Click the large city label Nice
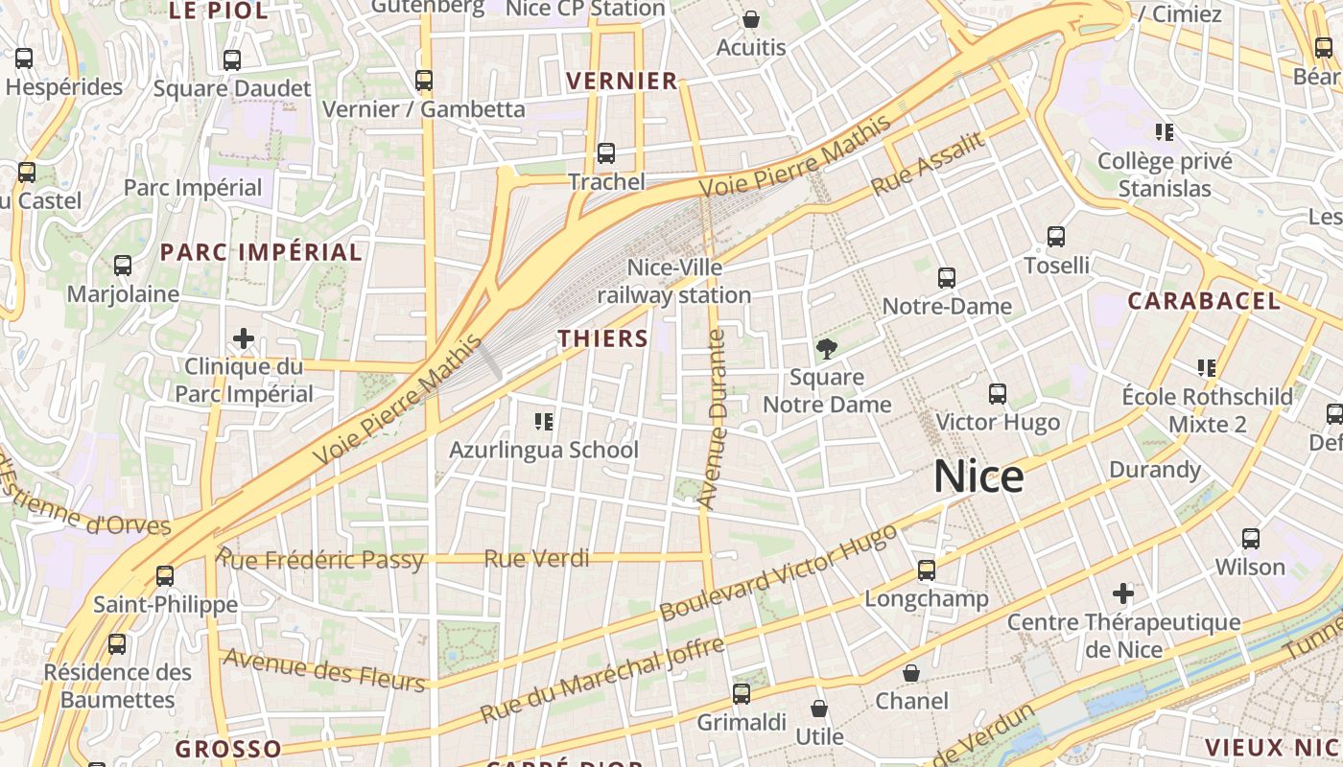point(978,476)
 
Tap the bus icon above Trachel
point(605,153)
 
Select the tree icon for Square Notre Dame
point(826,349)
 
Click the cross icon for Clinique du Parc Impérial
point(244,338)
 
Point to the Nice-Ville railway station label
point(674,281)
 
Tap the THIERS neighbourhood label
point(603,338)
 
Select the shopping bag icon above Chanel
point(910,673)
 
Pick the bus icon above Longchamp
point(926,570)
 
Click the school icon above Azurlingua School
point(544,422)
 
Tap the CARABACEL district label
point(1203,301)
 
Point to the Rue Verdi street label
point(536,558)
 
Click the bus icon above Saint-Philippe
point(165,576)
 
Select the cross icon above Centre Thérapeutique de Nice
point(1123,594)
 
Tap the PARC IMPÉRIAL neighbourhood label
point(261,252)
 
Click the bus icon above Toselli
point(1056,237)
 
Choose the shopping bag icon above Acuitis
point(751,19)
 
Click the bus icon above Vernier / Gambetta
point(424,81)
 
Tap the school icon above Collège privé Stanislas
point(1165,132)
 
